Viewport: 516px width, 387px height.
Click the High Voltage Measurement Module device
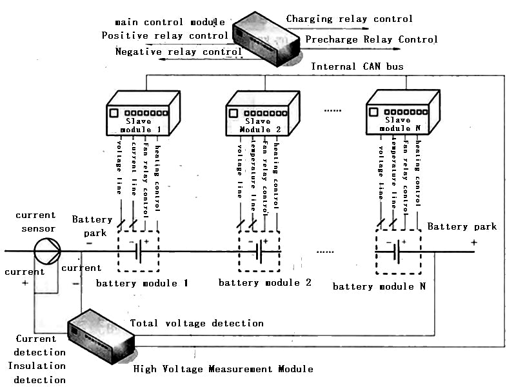coord(100,337)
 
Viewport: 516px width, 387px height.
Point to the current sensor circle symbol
coord(46,250)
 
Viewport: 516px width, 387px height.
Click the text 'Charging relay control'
coord(349,19)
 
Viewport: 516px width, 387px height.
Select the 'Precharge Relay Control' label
coord(372,39)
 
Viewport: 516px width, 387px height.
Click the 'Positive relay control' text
coord(165,35)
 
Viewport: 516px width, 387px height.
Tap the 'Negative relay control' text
coord(179,52)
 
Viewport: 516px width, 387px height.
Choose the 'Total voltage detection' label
coord(197,323)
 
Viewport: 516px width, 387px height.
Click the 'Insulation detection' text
coord(40,373)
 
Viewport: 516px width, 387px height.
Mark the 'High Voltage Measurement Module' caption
coord(223,369)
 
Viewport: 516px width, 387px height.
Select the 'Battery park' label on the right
coord(462,226)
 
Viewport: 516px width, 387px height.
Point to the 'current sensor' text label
coord(35,221)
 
